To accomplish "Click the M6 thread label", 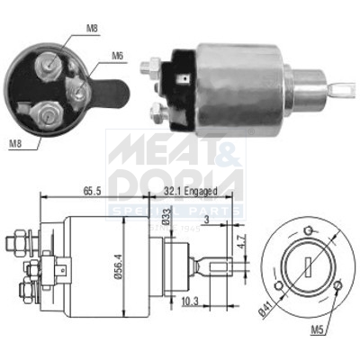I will (x=116, y=57).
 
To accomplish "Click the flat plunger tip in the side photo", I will (x=343, y=89).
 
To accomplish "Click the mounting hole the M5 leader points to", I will (x=336, y=286).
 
